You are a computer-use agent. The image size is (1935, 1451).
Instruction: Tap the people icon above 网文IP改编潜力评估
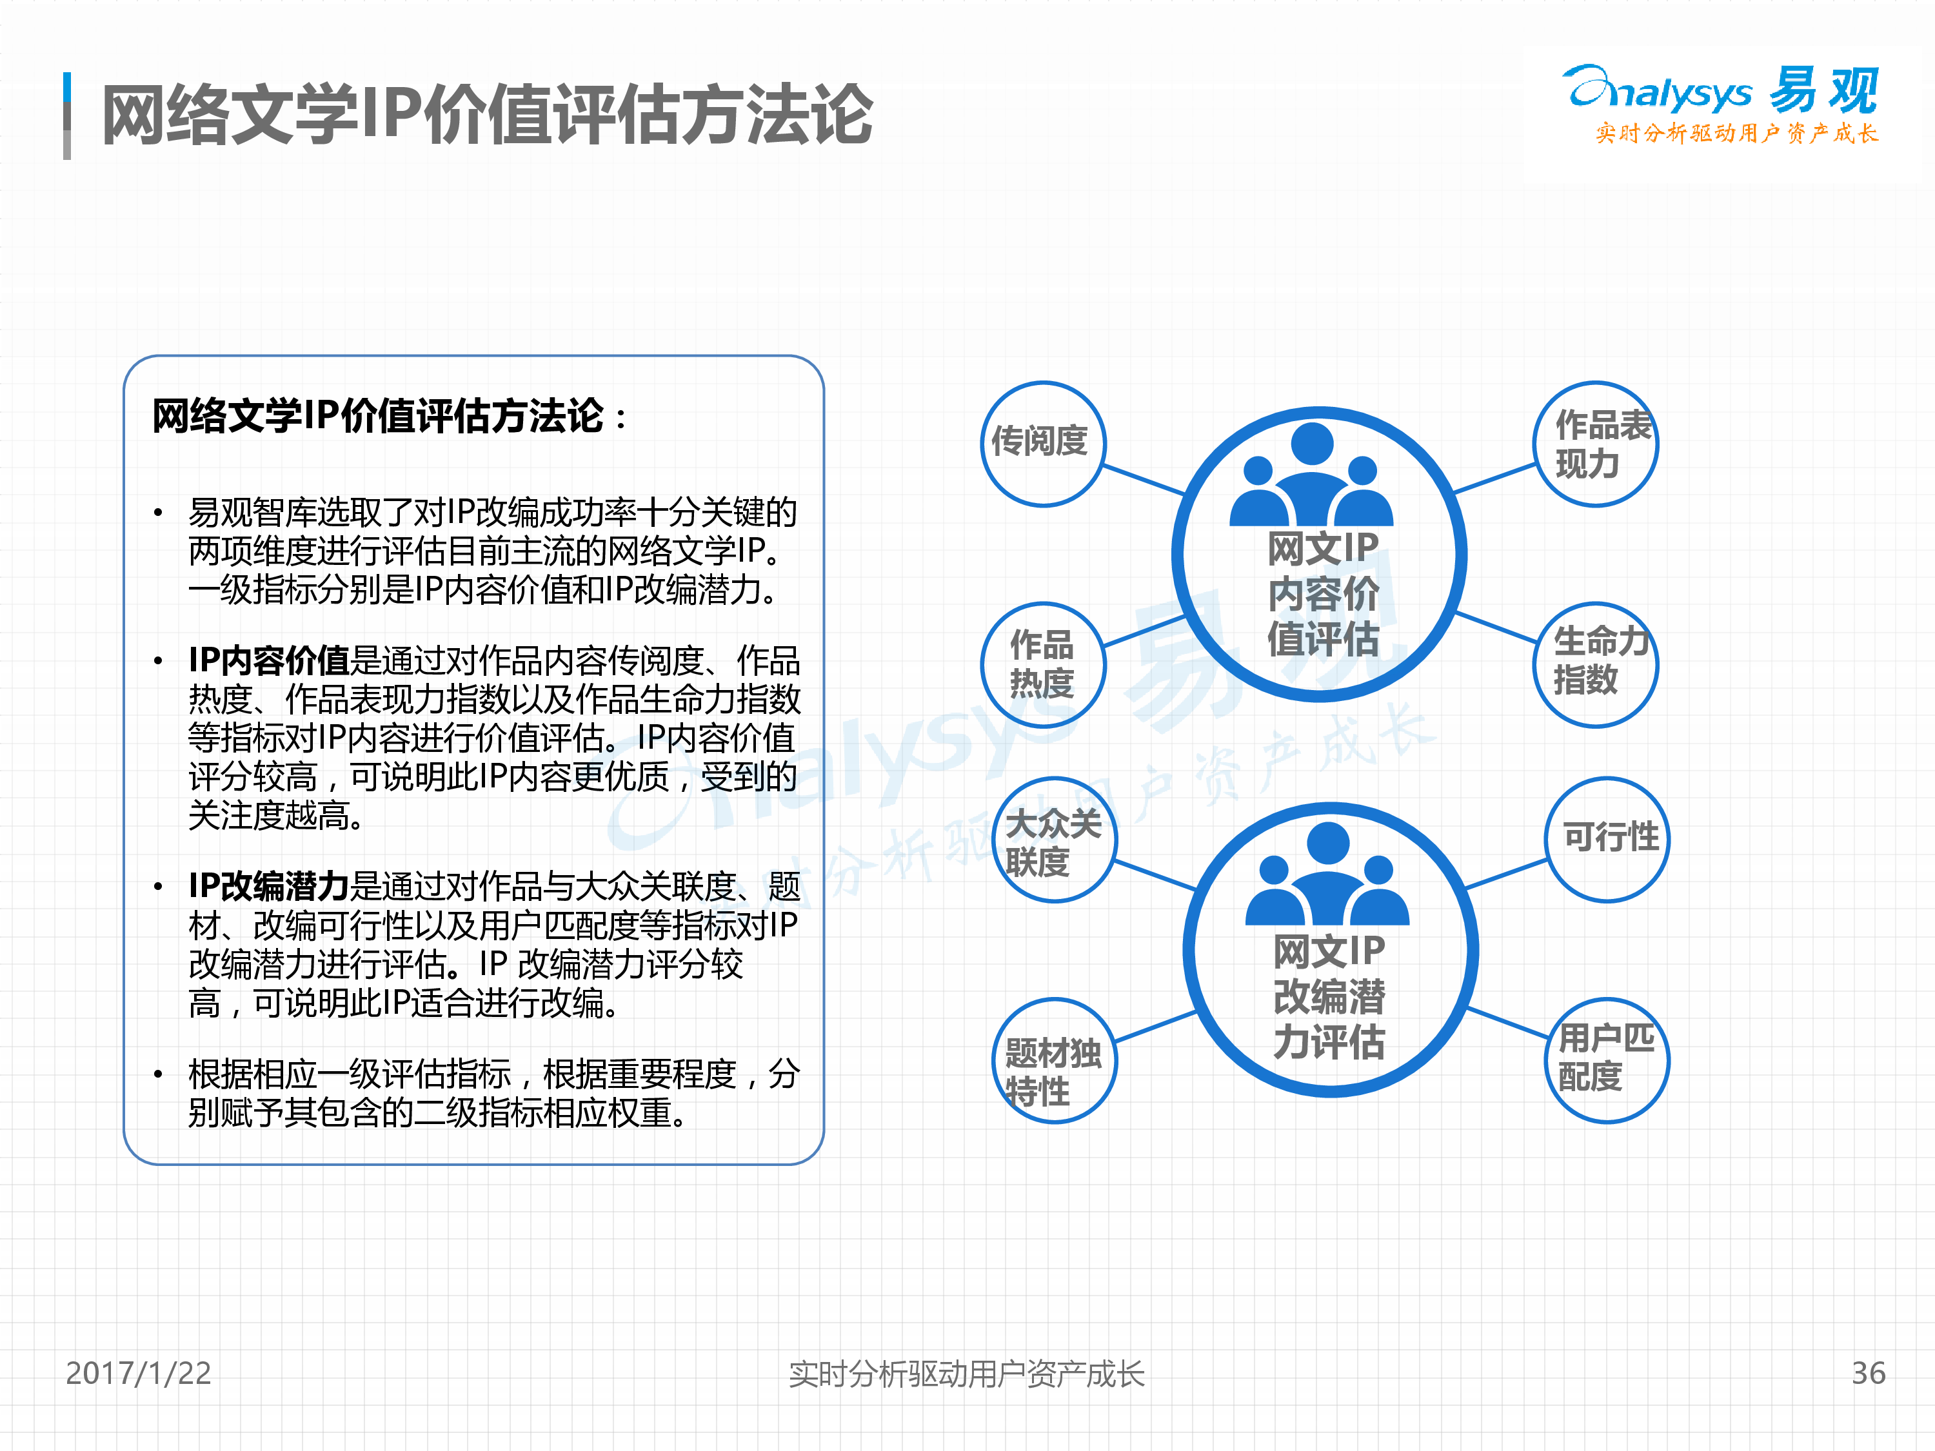point(1328,874)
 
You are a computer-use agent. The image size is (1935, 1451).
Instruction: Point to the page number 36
point(1869,1373)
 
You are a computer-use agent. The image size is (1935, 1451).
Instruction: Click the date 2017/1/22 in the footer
point(138,1373)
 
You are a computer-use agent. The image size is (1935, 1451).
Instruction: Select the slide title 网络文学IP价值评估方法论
point(487,115)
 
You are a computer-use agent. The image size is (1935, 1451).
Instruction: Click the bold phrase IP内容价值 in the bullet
point(268,660)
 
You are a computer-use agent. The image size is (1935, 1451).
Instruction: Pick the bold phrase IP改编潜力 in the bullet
point(268,886)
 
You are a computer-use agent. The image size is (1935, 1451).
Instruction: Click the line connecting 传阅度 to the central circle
point(1144,480)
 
